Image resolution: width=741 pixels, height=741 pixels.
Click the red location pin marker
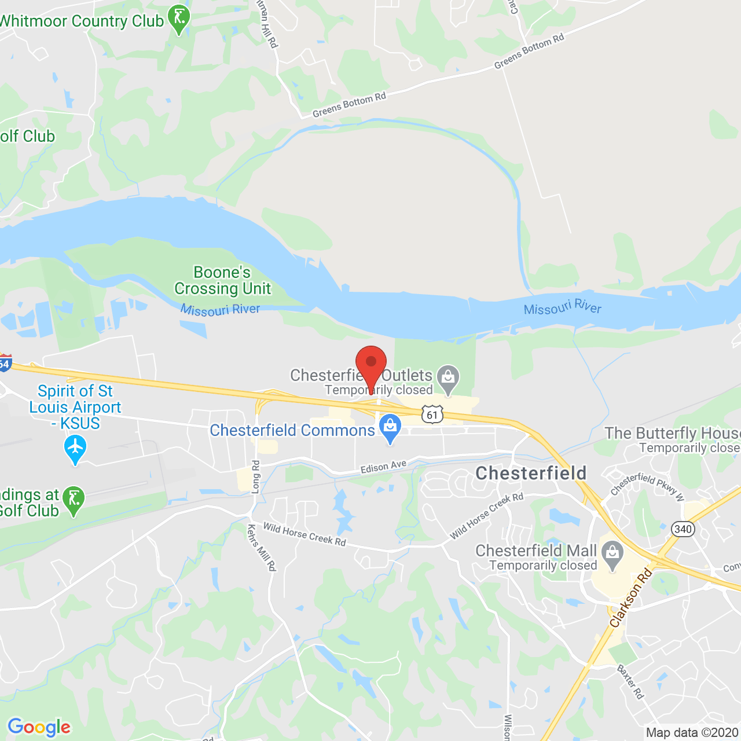click(x=371, y=365)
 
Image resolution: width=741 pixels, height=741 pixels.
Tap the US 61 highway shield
click(x=432, y=414)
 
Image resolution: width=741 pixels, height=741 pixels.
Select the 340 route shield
click(x=683, y=529)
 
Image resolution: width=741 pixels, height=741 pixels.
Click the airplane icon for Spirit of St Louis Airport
click(x=75, y=448)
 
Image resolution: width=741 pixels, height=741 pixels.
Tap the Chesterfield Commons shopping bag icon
click(x=390, y=428)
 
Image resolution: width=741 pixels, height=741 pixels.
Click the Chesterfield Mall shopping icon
click(x=612, y=553)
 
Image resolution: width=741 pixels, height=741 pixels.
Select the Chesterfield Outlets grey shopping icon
click(x=447, y=377)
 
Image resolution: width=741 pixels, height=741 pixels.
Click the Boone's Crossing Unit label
click(x=223, y=280)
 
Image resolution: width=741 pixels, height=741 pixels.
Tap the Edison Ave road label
click(x=383, y=467)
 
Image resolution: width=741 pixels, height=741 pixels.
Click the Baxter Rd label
click(x=630, y=681)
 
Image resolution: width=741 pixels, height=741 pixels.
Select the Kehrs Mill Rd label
click(x=262, y=548)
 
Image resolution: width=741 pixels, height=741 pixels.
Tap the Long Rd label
click(x=256, y=476)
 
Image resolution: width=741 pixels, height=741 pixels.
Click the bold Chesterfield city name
click(x=531, y=473)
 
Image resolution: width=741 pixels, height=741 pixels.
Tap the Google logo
click(x=39, y=727)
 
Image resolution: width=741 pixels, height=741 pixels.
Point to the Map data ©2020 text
click(x=692, y=732)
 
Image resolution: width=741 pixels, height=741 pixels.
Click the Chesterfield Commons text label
click(x=292, y=430)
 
